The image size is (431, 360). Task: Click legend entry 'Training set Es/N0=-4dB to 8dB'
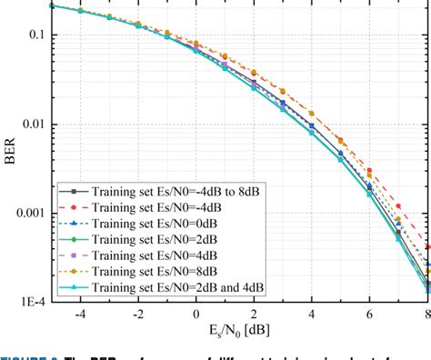[185, 192]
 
